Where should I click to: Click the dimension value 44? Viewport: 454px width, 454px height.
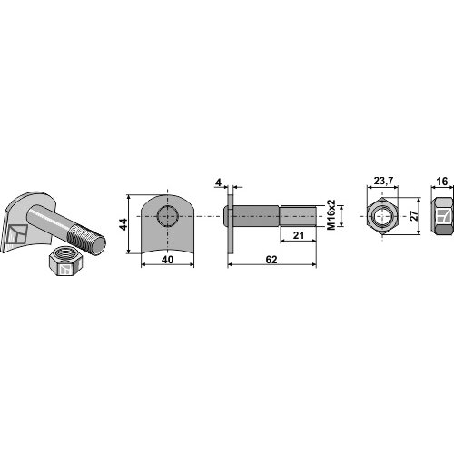coord(123,224)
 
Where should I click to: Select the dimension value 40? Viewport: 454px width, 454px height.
coord(167,260)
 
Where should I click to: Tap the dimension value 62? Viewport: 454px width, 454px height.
coord(271,260)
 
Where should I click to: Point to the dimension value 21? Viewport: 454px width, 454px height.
coord(298,235)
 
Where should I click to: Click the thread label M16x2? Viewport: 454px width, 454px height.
coord(331,214)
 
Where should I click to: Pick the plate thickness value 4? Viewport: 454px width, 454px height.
coord(218,183)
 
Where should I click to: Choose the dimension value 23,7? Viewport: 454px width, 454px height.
coord(383,181)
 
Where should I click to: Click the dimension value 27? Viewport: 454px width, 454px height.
coord(414,215)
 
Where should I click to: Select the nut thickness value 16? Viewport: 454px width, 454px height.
coord(442,182)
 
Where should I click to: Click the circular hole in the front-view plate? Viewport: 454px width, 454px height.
coord(167,216)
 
